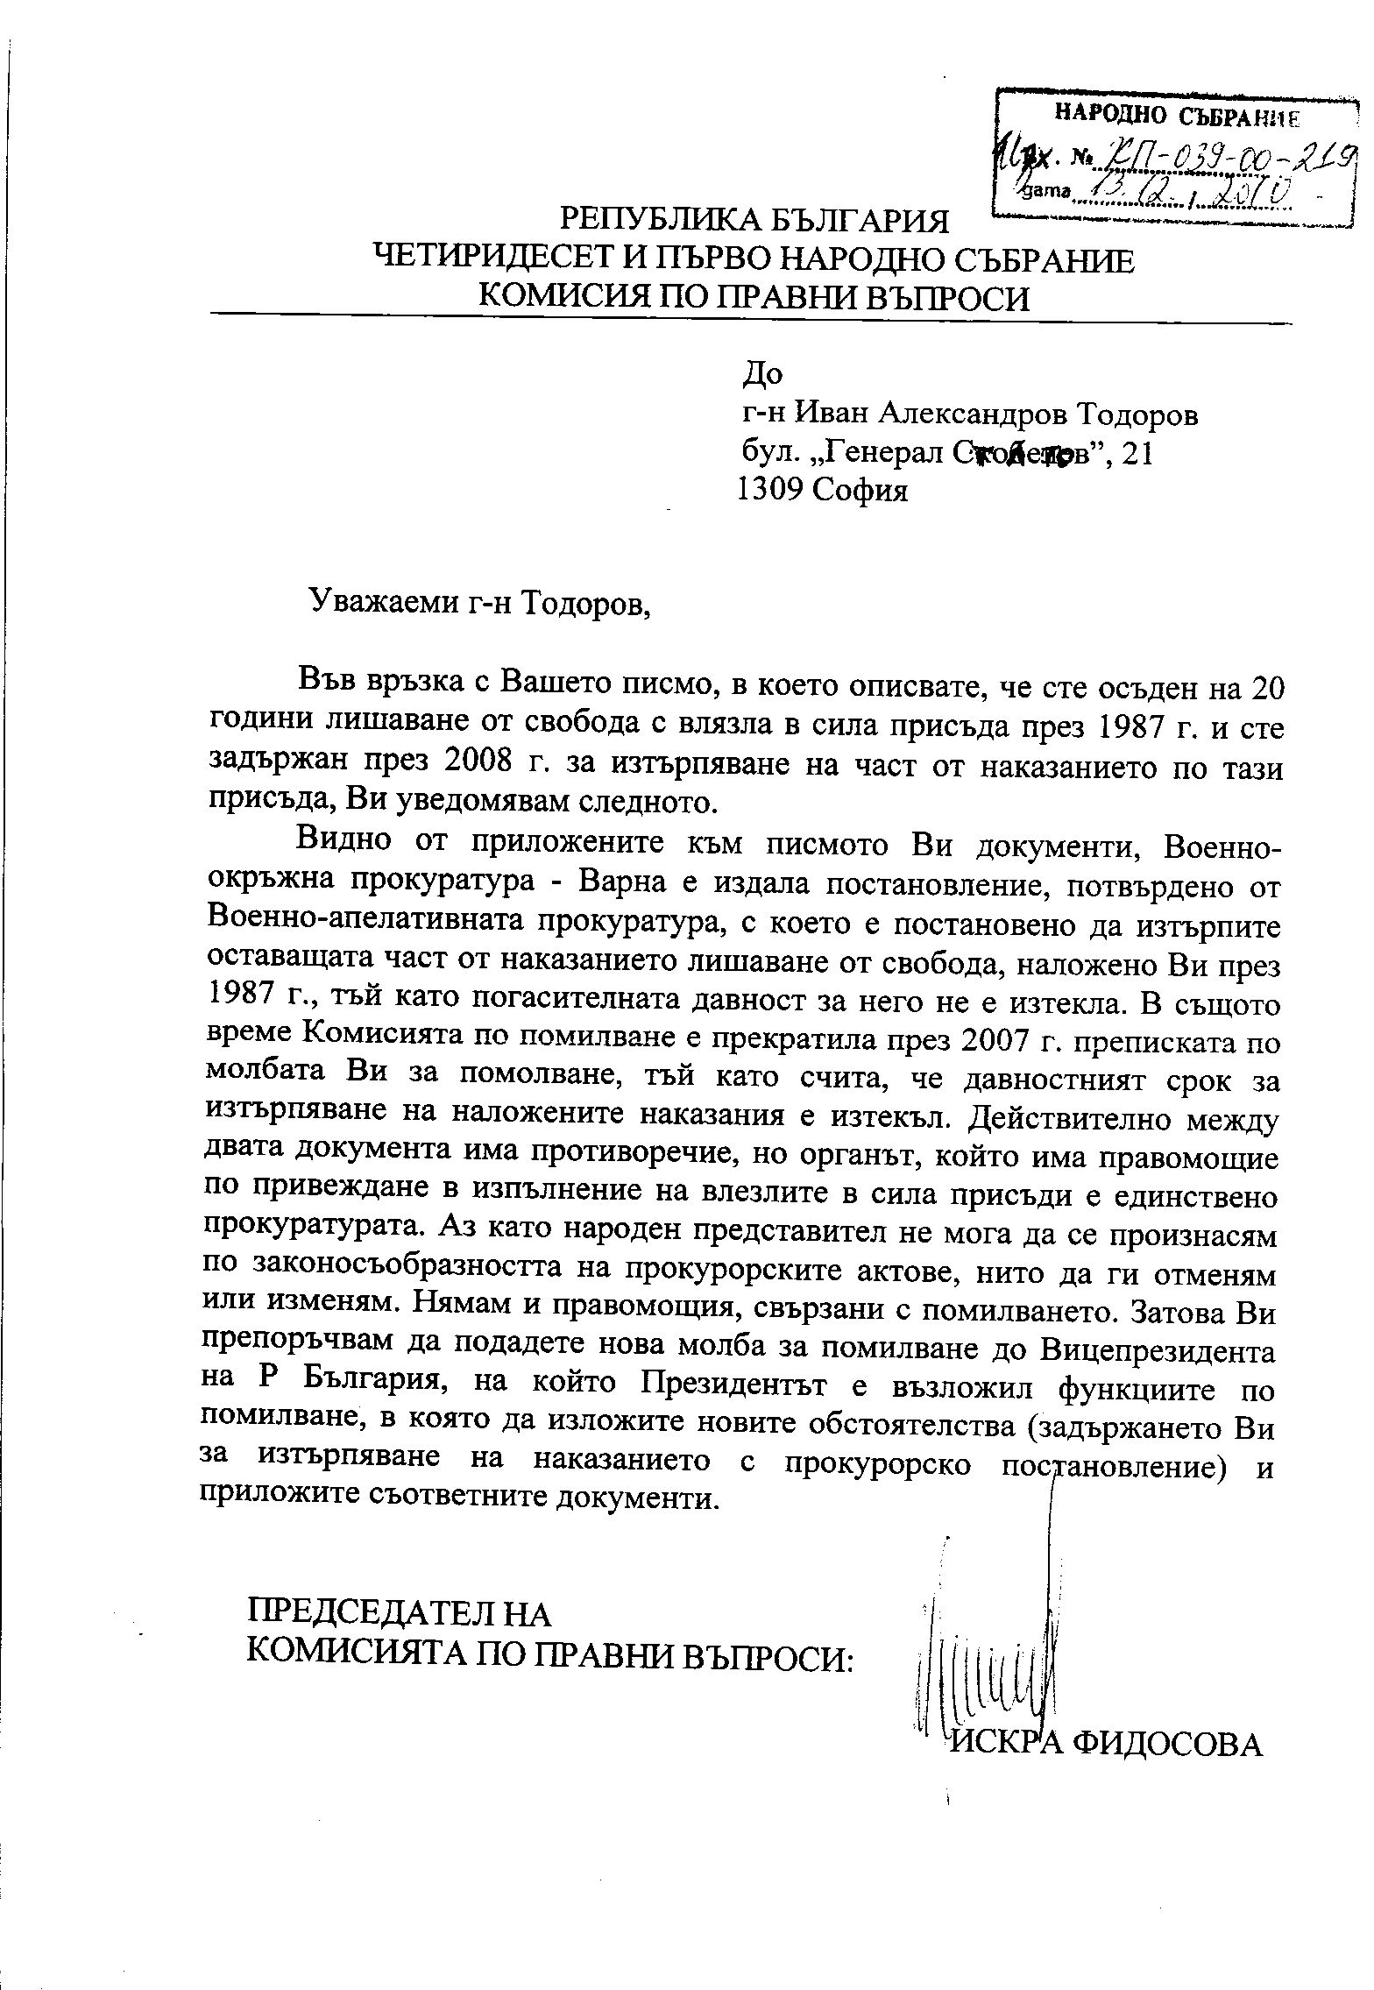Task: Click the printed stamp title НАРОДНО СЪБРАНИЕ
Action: (1176, 113)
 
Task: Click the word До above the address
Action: (761, 374)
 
